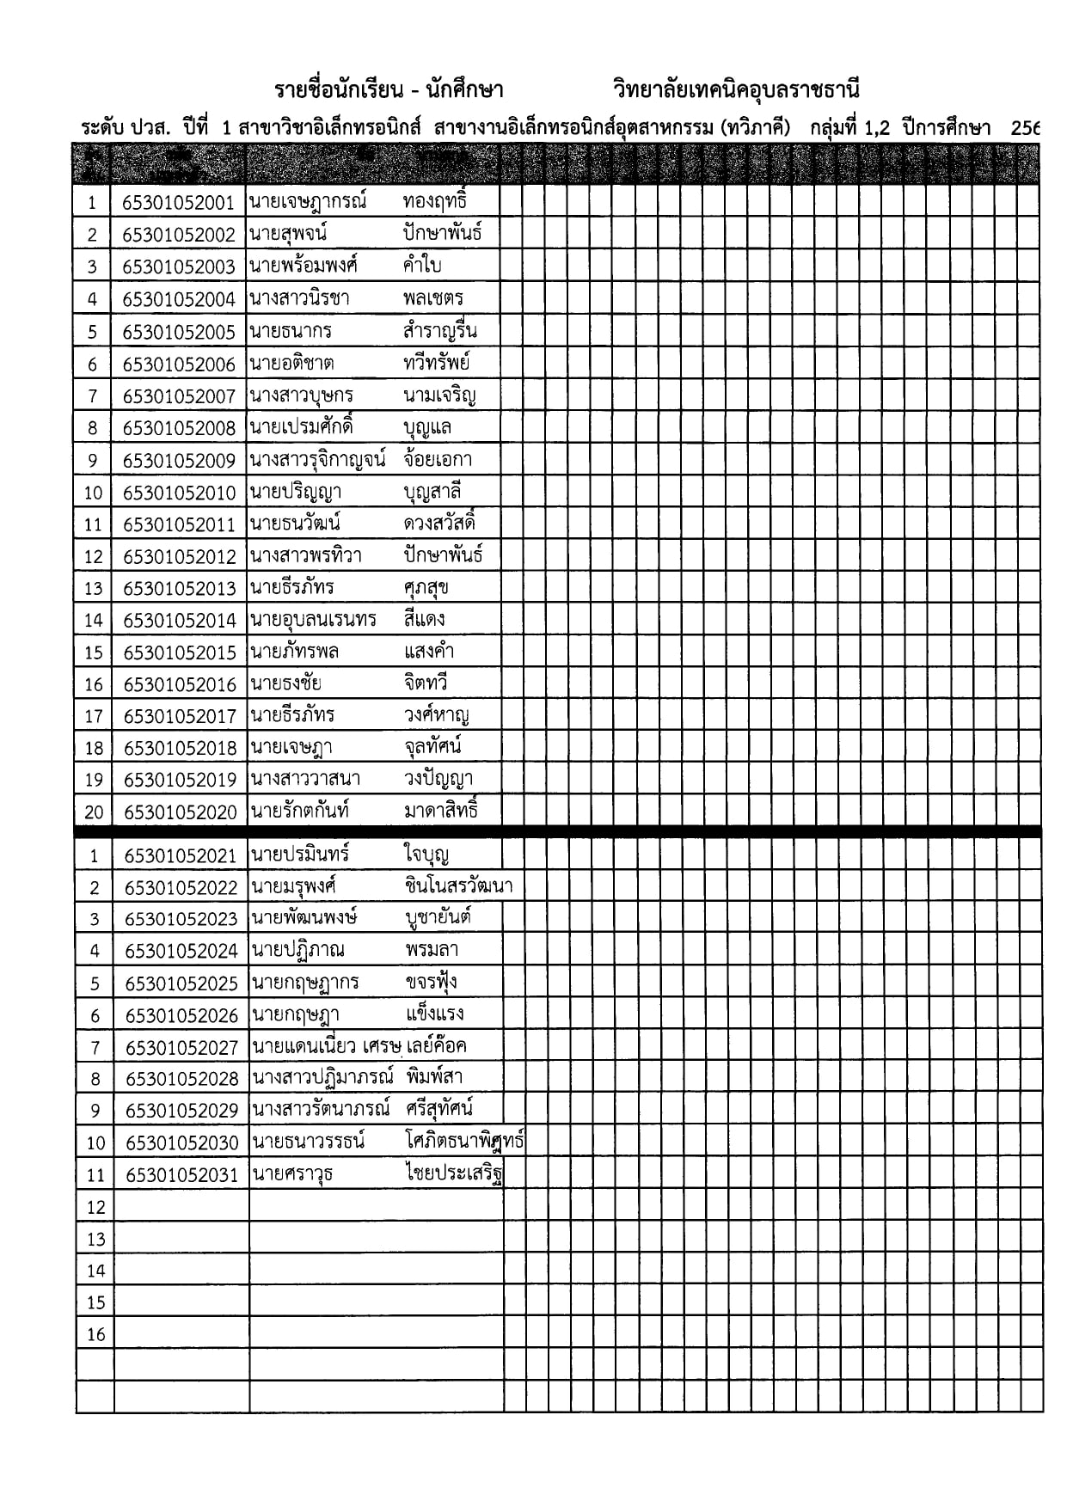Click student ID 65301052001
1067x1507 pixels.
click(x=178, y=203)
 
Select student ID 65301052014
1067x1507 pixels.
click(x=179, y=621)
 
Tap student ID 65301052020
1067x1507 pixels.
click(x=180, y=812)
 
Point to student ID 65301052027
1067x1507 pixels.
click(x=181, y=1048)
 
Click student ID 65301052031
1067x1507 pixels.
click(x=181, y=1175)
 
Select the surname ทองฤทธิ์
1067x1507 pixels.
click(x=434, y=201)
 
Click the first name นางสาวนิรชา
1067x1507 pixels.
click(x=299, y=298)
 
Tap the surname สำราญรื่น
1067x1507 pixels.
click(x=439, y=331)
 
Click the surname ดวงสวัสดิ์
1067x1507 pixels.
click(x=439, y=524)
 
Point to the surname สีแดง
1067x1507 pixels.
click(x=424, y=619)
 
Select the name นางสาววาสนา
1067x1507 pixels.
click(x=305, y=780)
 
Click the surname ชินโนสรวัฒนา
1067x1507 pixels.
click(x=458, y=885)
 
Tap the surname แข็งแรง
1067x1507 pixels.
click(x=434, y=1014)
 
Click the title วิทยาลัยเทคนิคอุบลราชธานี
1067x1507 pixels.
click(x=736, y=90)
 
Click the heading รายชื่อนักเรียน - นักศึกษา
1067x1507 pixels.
click(x=389, y=90)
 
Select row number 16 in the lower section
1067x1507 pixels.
click(x=95, y=1335)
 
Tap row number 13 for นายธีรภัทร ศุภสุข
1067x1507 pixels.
click(x=93, y=589)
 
